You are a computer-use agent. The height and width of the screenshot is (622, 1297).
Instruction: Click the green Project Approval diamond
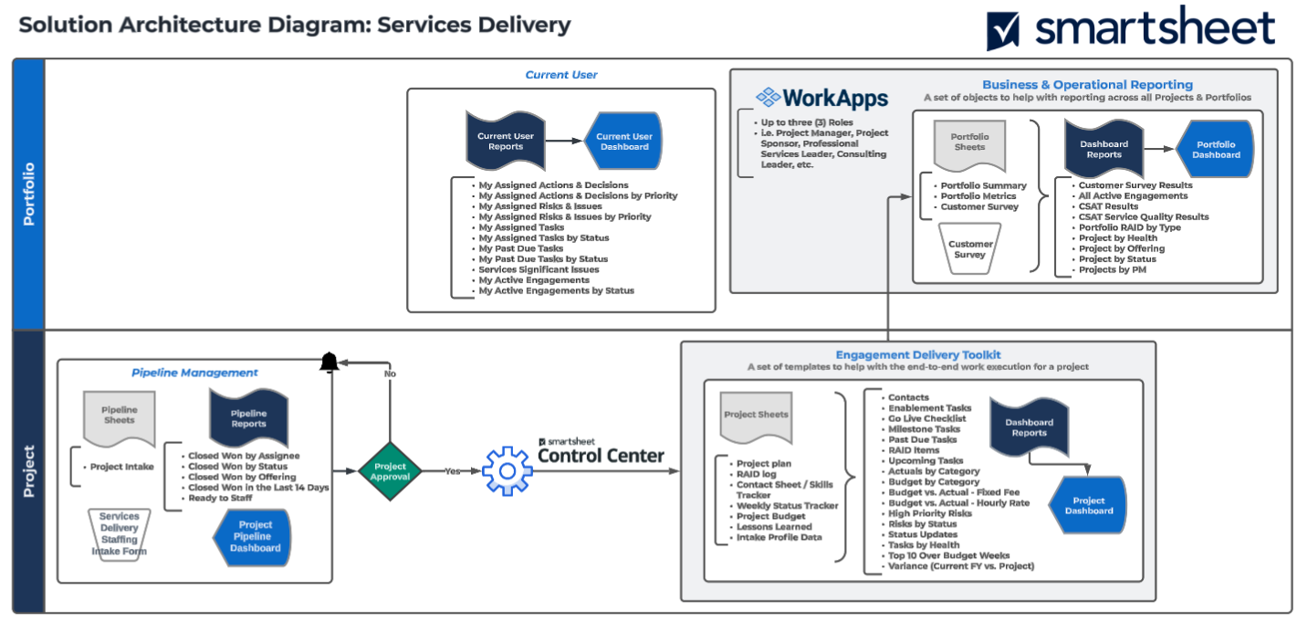coord(390,471)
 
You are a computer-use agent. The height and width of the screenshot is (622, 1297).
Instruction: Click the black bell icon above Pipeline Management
coord(329,363)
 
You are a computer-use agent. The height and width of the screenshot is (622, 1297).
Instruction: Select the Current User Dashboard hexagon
coord(624,142)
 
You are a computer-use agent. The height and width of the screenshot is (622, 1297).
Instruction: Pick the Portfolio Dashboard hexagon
coord(1216,150)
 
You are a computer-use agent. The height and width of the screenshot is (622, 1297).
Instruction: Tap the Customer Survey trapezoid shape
coord(970,248)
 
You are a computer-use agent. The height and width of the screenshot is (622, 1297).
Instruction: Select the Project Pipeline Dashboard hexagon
coord(255,536)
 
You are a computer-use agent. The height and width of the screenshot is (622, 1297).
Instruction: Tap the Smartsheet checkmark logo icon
coord(1003,31)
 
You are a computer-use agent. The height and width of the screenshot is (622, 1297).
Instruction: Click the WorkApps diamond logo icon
coord(769,97)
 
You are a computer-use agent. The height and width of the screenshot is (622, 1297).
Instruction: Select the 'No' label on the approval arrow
coord(390,374)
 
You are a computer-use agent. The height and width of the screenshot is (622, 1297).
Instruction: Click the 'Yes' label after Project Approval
coord(453,471)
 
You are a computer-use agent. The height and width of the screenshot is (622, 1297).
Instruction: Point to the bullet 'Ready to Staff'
coord(221,498)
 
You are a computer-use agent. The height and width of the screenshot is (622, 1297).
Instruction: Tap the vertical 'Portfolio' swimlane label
coord(29,194)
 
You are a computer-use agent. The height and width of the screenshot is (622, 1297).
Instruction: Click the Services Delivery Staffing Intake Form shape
coord(119,533)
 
